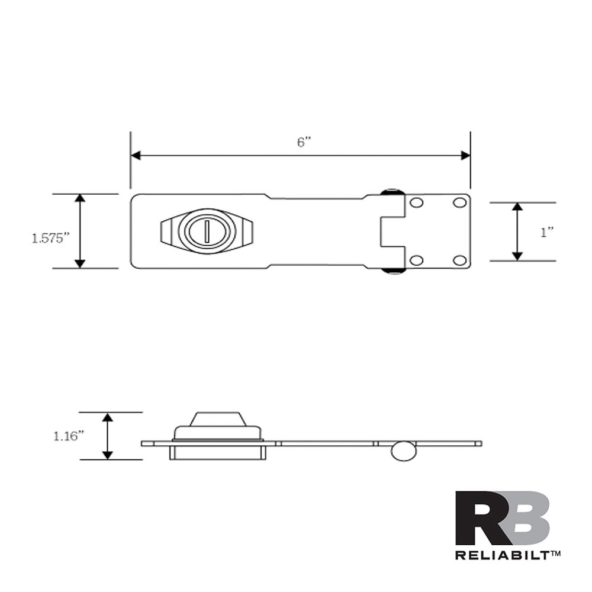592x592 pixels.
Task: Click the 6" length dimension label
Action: tap(304, 143)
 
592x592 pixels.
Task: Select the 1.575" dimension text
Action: tap(51, 238)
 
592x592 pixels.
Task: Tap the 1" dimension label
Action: tap(546, 233)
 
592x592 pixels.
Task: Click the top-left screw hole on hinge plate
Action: tap(417, 203)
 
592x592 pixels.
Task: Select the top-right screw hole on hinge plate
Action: tap(459, 203)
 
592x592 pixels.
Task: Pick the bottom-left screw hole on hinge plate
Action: tap(417, 260)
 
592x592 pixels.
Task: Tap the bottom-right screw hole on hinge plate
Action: tap(459, 260)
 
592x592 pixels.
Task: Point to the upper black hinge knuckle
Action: tap(392, 192)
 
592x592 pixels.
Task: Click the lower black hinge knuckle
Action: tap(392, 271)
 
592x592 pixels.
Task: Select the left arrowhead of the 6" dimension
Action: tap(136, 156)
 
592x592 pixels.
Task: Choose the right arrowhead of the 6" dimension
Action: tap(465, 156)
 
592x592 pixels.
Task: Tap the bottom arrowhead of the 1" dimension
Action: tap(517, 256)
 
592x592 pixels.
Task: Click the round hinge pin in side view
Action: tap(404, 451)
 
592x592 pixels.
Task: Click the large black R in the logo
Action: tap(480, 518)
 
